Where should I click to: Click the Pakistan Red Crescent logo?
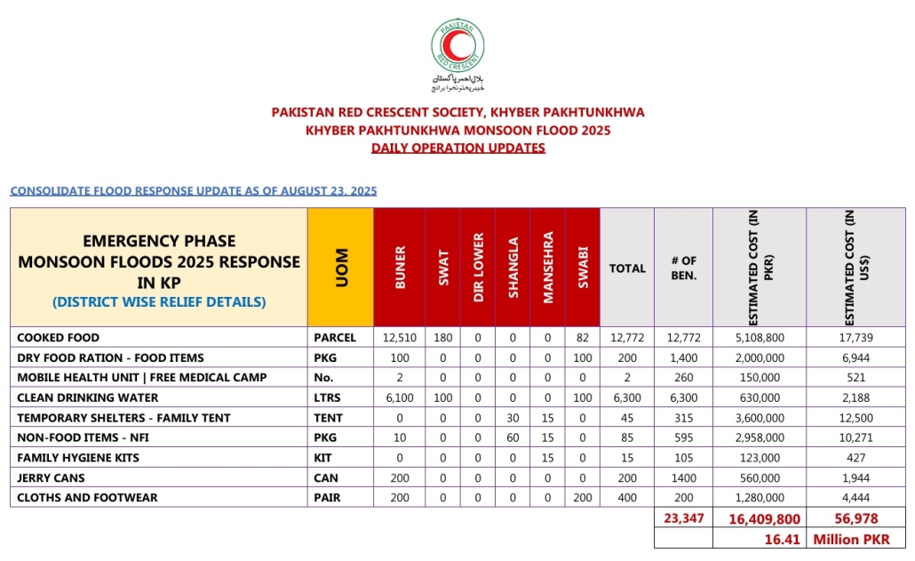tap(457, 49)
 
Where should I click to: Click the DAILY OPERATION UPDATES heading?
tap(457, 148)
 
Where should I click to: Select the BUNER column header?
tap(400, 267)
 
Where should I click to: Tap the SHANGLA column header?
tap(513, 267)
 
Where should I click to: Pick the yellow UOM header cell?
tap(340, 267)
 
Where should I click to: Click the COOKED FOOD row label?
tap(59, 338)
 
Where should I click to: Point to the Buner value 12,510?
tap(400, 338)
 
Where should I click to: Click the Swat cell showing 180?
tap(443, 338)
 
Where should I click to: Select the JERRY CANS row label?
tap(52, 477)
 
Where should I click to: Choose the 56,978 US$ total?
tap(855, 517)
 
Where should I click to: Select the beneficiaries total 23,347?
tap(683, 517)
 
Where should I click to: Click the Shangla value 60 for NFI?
tap(513, 437)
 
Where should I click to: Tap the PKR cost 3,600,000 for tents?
tap(760, 418)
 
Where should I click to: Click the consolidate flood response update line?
tap(194, 191)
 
